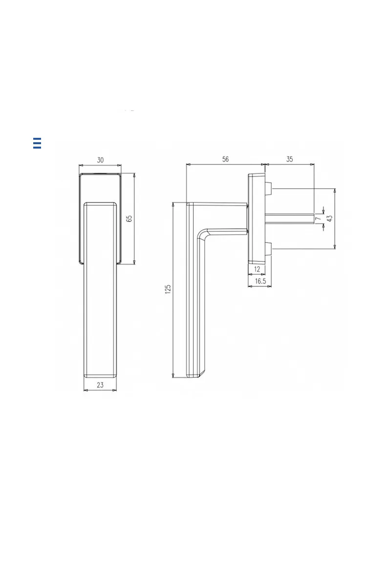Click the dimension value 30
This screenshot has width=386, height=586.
[x=100, y=160]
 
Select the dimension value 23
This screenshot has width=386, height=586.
[x=100, y=385]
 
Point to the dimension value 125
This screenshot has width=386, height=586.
[x=168, y=290]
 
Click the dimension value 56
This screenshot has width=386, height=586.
[x=225, y=159]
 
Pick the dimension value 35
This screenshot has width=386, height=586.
[x=289, y=159]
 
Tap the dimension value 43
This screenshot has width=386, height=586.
[x=330, y=218]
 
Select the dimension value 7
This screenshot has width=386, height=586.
[x=319, y=219]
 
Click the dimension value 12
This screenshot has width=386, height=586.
[x=257, y=269]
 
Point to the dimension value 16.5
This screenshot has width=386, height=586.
[x=260, y=281]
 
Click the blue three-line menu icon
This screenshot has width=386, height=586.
[x=37, y=143]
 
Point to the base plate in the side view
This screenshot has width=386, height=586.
[x=256, y=218]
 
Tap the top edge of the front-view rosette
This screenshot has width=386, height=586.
[x=100, y=174]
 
